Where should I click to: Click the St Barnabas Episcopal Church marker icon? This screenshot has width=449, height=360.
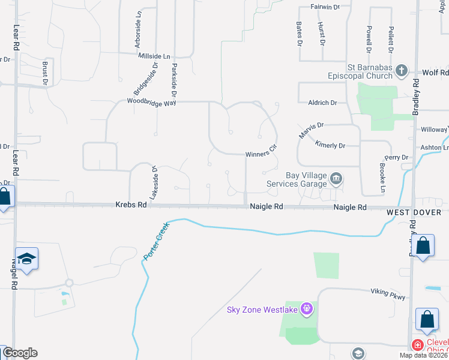coord(402,71)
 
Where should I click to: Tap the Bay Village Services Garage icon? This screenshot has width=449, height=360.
coord(337,178)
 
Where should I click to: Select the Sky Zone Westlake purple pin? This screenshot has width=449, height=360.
coord(307,310)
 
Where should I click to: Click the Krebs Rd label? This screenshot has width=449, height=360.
coord(131,205)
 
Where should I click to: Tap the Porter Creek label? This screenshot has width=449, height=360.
coord(154,240)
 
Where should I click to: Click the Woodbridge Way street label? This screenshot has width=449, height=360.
coord(151,102)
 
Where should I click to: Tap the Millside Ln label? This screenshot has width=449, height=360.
coord(154,55)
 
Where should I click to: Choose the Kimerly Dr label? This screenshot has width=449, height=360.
coord(330,146)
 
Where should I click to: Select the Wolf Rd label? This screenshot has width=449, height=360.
coord(436,72)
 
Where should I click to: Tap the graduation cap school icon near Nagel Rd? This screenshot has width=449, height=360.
coord(27,259)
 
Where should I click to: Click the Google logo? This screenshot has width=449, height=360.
coord(20,353)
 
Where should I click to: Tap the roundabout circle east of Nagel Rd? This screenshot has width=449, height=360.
coord(69,283)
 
